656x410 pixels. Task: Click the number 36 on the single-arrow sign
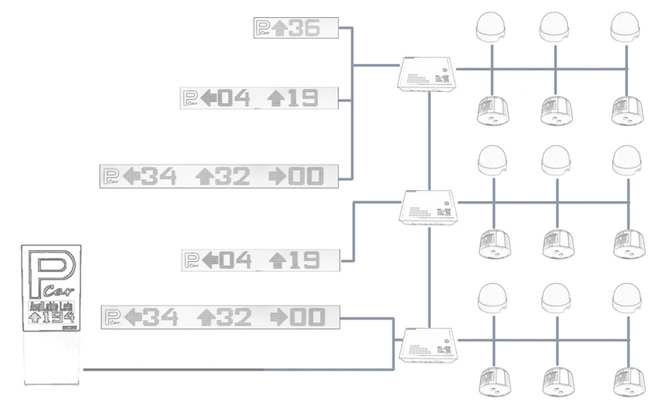pyautogui.click(x=304, y=29)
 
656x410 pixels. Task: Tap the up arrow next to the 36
pyautogui.click(x=281, y=29)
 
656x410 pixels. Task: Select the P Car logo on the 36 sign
pyautogui.click(x=264, y=29)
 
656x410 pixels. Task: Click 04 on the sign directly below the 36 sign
pyautogui.click(x=234, y=98)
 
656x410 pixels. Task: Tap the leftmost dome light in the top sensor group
pyautogui.click(x=492, y=28)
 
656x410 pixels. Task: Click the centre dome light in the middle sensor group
pyautogui.click(x=555, y=161)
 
